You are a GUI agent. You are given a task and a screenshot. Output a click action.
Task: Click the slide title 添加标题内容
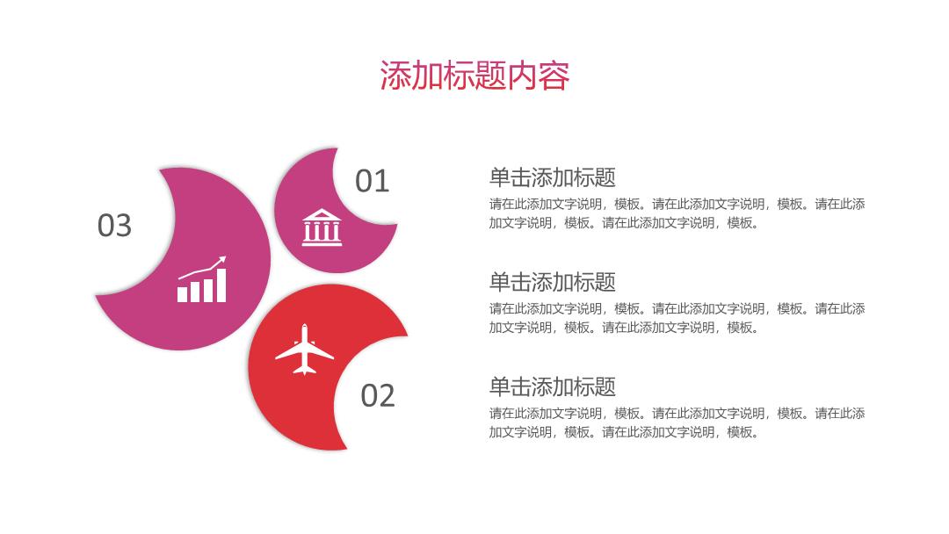474,76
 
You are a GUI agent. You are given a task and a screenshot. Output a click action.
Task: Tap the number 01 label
372,181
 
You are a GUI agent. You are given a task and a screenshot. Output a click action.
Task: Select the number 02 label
378,396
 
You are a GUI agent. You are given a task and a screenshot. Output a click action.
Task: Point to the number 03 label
114,226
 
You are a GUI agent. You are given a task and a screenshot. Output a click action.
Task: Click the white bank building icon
322,227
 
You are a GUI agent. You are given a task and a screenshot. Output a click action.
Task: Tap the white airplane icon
304,350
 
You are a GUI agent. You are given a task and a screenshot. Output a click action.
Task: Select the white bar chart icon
201,278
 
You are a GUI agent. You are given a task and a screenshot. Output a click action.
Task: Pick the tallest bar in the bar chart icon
221,285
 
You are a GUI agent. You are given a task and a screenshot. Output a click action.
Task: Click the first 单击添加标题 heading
552,177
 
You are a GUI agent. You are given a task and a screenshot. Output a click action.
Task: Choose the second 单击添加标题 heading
552,283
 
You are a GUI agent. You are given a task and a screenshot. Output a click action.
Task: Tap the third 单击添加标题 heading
552,387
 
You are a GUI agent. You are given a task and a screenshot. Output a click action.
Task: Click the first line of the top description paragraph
677,205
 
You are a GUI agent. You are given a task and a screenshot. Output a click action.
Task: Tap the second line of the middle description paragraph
623,328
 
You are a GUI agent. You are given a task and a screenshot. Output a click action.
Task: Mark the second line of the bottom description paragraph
623,432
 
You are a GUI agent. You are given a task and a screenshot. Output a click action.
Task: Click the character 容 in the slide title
554,76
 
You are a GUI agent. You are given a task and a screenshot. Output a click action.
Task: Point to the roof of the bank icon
322,215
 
